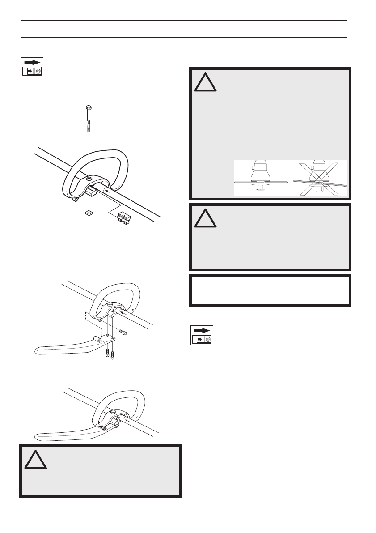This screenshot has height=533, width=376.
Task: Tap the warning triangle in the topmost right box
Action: [205, 81]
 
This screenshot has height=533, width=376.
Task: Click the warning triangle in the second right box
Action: [205, 218]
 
